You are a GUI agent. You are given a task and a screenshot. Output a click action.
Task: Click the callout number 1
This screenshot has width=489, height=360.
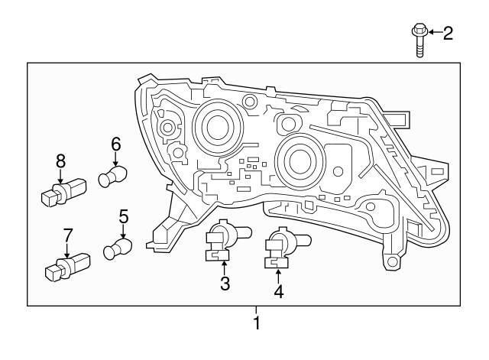click(257, 323)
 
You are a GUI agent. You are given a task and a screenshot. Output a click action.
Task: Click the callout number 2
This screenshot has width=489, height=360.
click(448, 32)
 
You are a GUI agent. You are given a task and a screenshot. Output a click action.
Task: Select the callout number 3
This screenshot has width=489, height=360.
click(225, 284)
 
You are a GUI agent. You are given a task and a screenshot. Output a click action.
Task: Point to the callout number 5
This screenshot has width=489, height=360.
click(123, 217)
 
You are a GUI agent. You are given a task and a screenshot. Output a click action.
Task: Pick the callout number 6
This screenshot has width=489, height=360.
click(116, 143)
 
